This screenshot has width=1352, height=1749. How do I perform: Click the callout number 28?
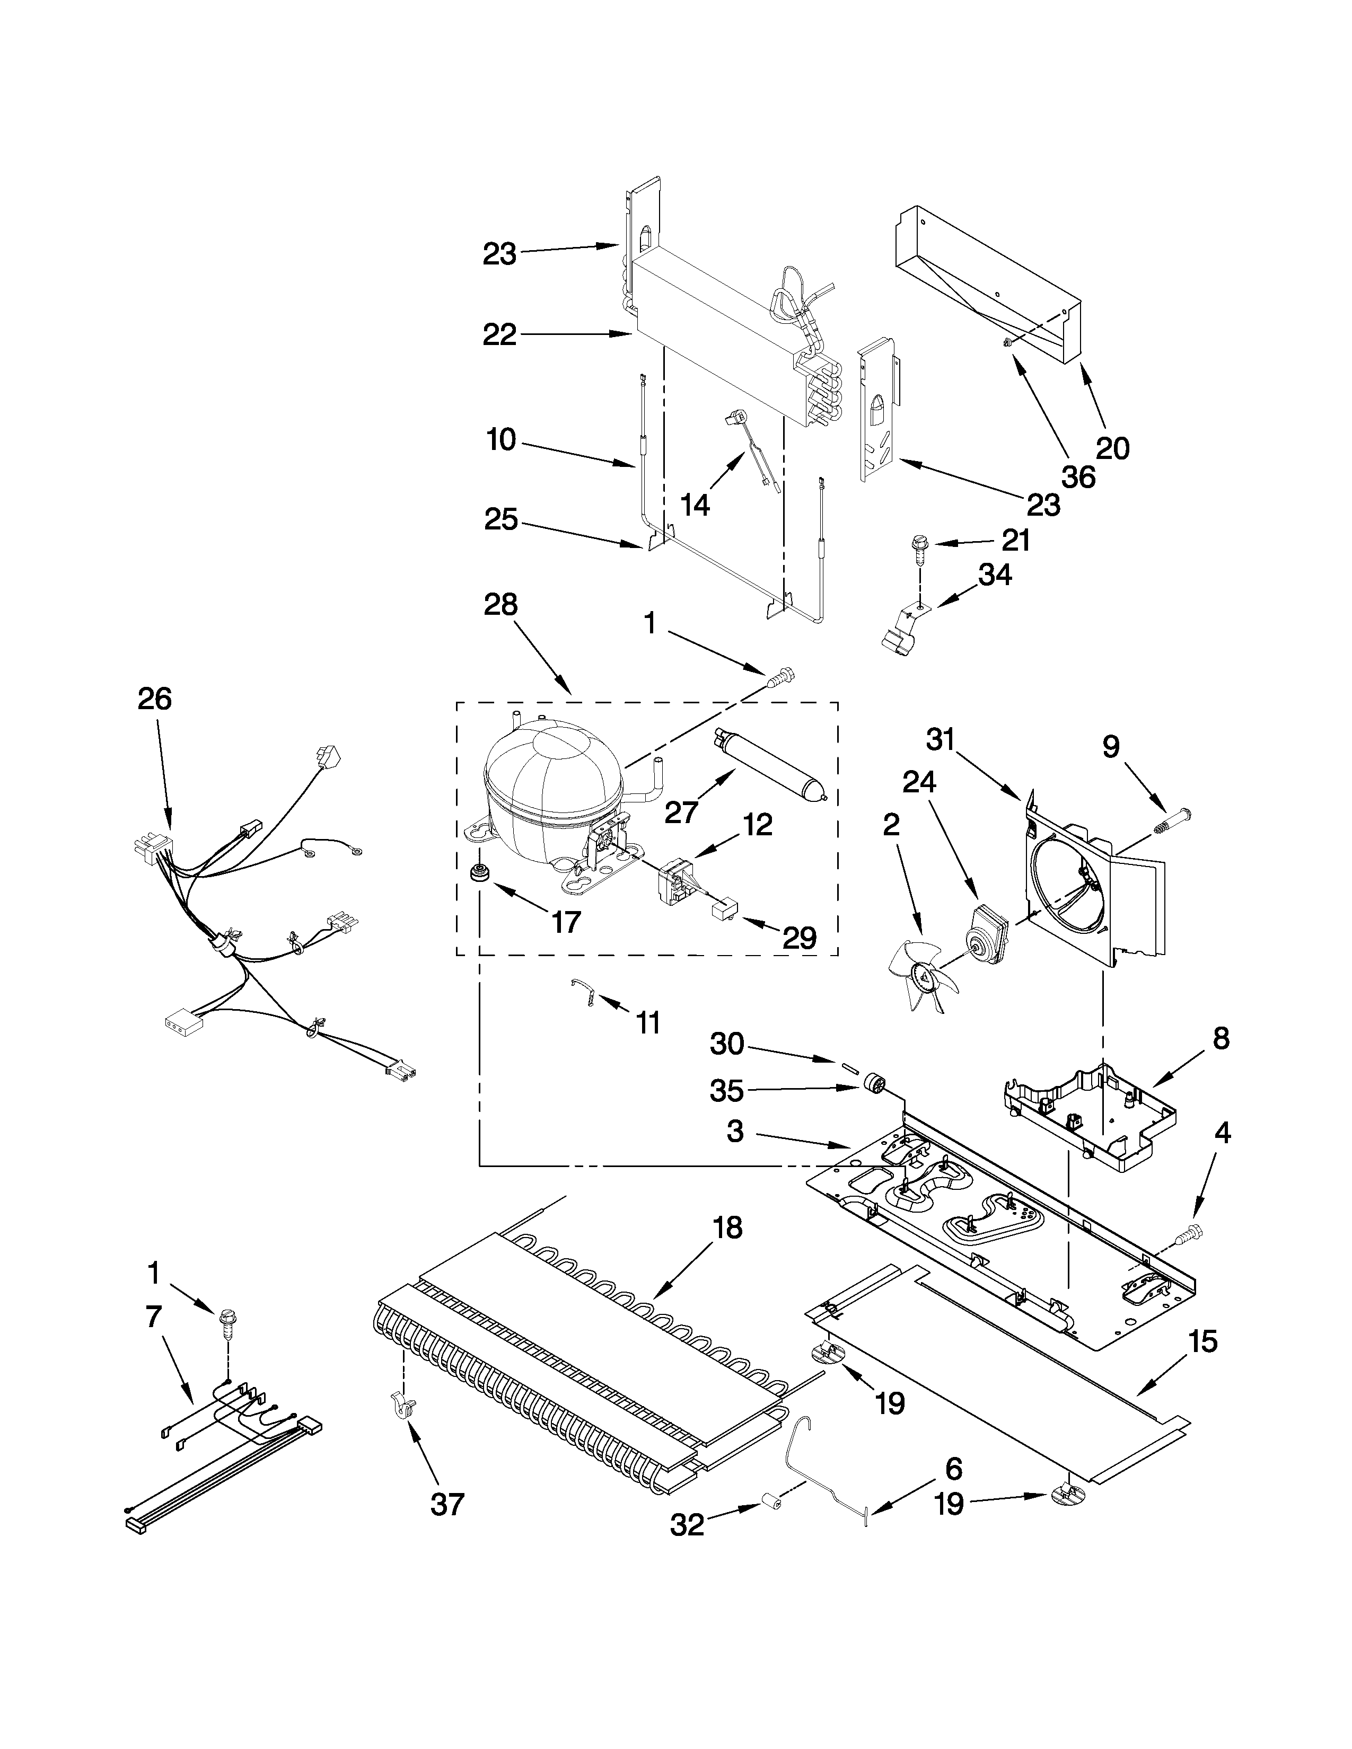point(501,604)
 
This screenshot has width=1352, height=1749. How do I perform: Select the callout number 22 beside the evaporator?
point(500,335)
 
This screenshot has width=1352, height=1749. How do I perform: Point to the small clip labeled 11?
point(583,994)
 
